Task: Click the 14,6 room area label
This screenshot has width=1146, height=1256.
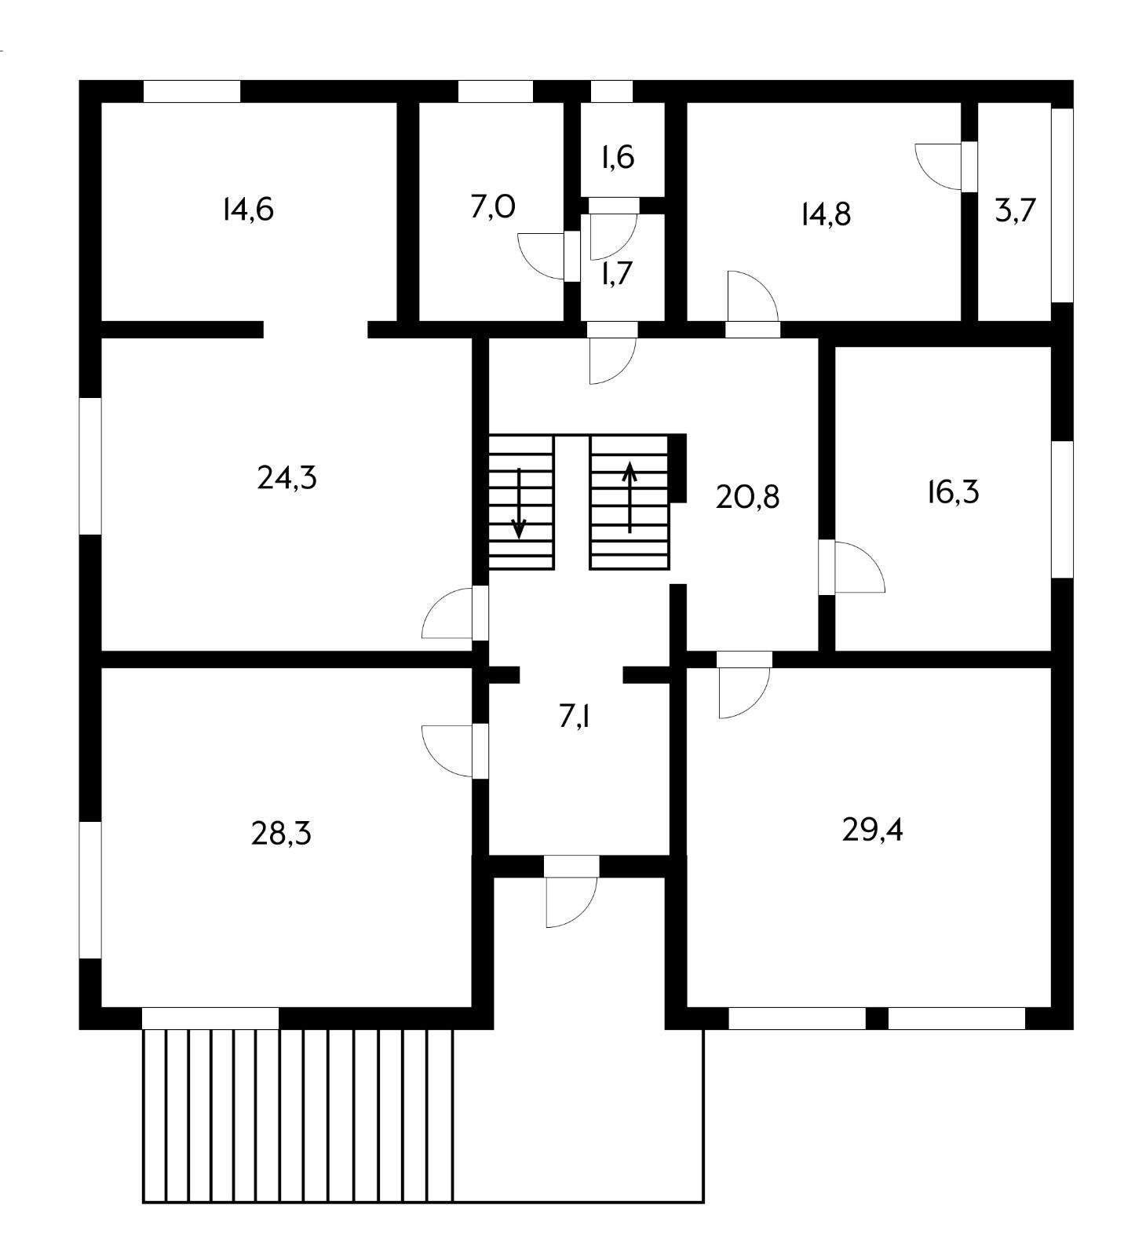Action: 248,210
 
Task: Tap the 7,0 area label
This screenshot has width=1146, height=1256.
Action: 492,207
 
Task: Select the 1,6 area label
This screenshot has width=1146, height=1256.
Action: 618,158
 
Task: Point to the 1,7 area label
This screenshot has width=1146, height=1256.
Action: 617,274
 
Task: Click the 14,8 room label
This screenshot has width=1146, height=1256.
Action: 826,214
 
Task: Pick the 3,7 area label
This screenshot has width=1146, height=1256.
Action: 1016,210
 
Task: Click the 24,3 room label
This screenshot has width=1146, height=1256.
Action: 286,477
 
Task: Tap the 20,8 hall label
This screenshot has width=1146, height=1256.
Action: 747,497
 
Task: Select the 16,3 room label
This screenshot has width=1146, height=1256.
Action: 953,493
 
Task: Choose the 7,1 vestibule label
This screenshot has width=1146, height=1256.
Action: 575,717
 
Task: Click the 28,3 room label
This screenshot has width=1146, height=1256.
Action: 281,834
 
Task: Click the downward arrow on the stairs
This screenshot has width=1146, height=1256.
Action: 518,503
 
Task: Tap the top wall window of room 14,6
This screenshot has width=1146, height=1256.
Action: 192,91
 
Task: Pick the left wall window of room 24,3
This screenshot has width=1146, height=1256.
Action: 91,466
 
